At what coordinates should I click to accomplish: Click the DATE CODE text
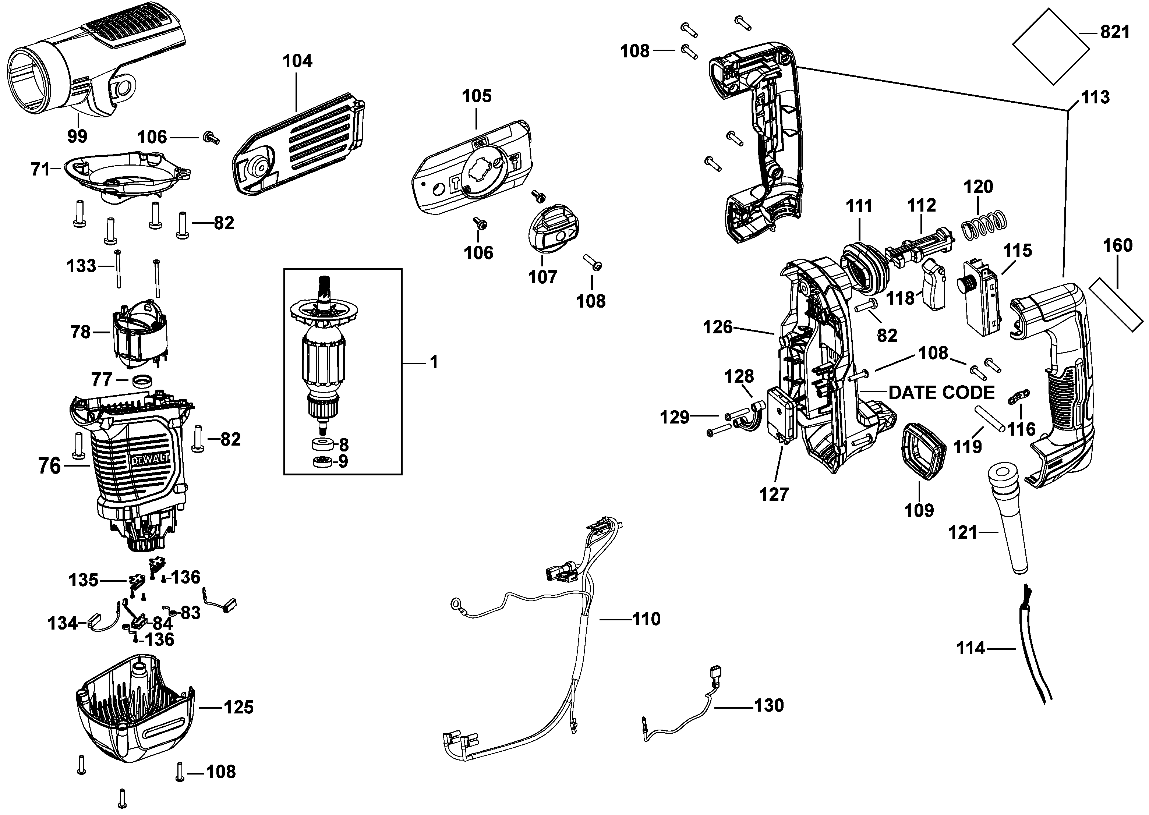click(x=941, y=393)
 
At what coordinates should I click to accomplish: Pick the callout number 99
click(x=77, y=136)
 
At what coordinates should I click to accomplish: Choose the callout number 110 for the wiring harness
click(x=646, y=619)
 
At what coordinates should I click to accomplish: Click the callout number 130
click(x=768, y=706)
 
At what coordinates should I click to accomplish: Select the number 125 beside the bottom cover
click(x=238, y=708)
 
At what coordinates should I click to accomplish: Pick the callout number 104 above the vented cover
click(x=297, y=61)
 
